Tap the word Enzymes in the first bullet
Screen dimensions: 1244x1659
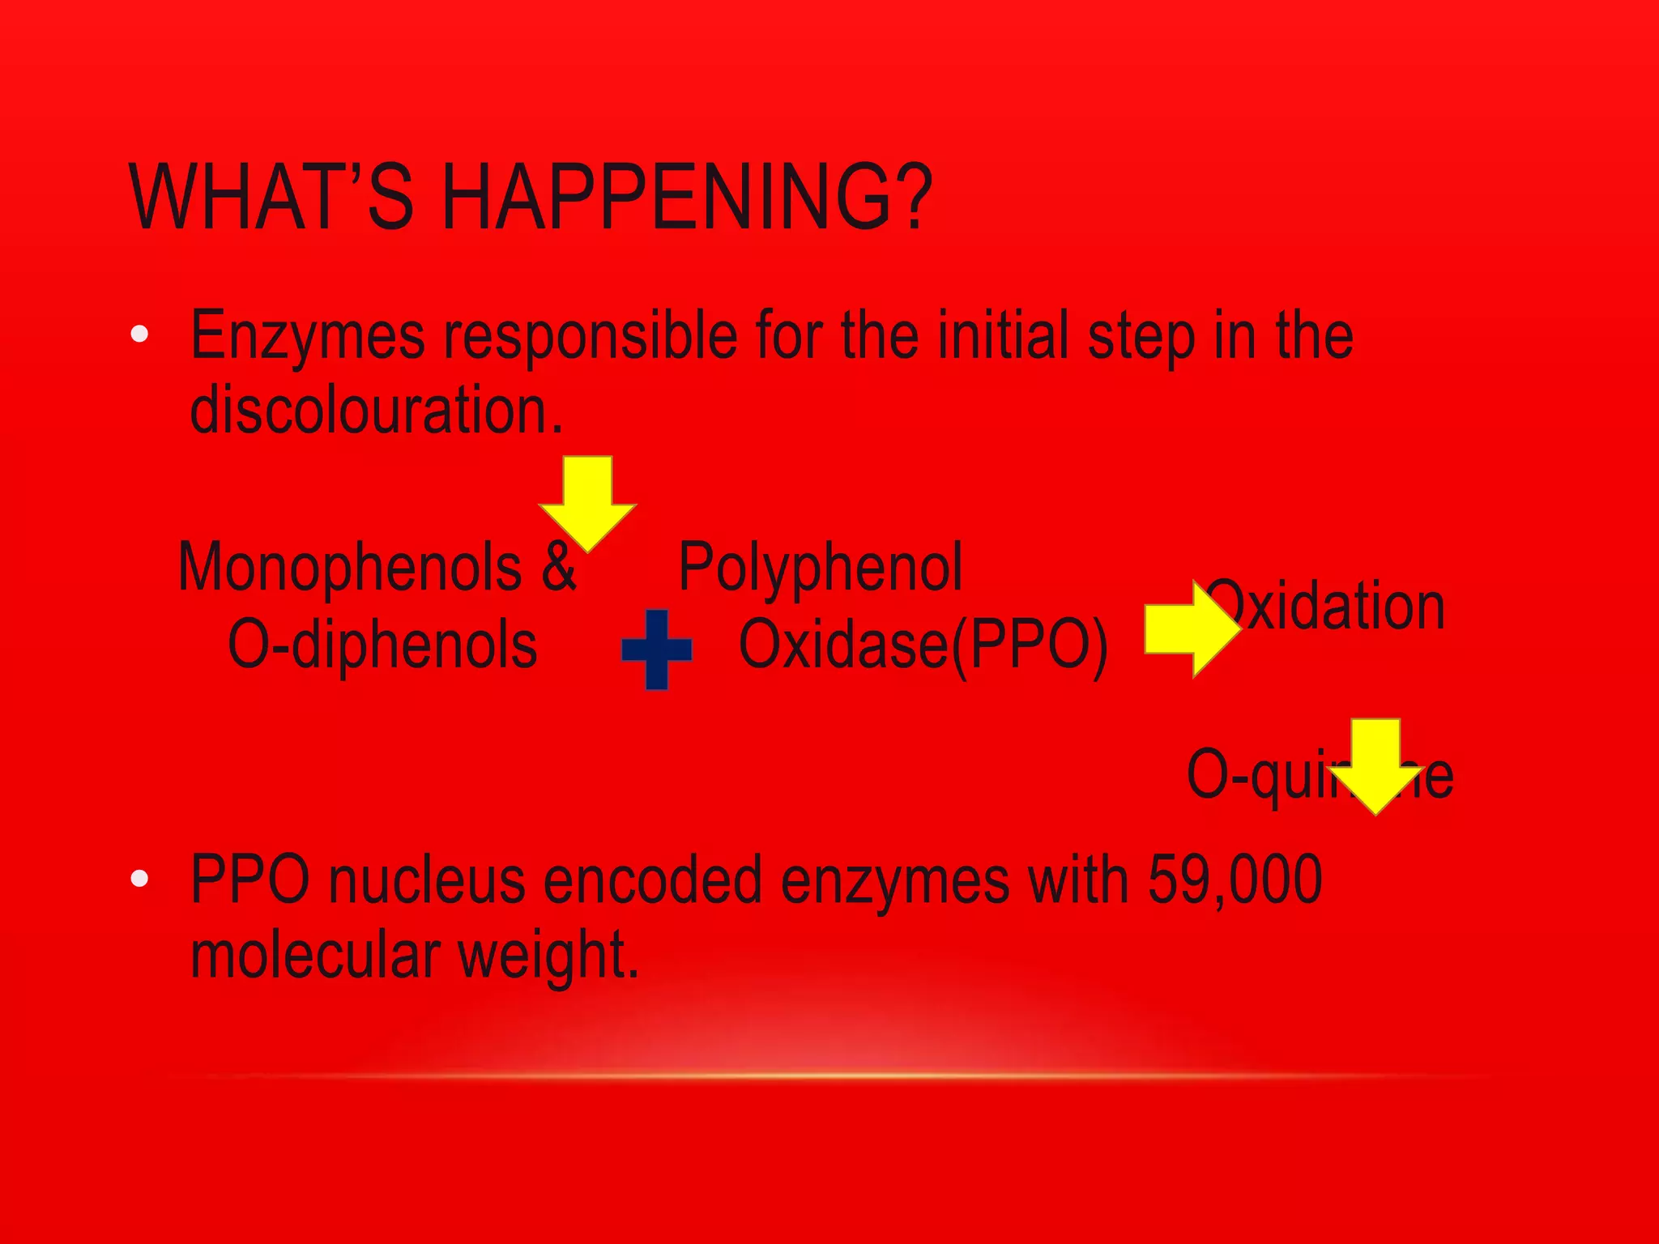pos(307,335)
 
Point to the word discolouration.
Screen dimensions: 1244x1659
pos(375,410)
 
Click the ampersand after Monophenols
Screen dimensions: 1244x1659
pos(559,567)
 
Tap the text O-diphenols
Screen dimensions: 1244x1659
pos(382,645)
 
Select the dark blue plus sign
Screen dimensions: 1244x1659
pos(657,650)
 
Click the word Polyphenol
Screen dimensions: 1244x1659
pos(821,567)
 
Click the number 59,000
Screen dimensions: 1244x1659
pos(1235,880)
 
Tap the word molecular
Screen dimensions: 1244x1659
pos(315,955)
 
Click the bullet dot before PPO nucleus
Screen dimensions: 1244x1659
pos(139,879)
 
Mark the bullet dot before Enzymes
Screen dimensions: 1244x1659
pos(139,334)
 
